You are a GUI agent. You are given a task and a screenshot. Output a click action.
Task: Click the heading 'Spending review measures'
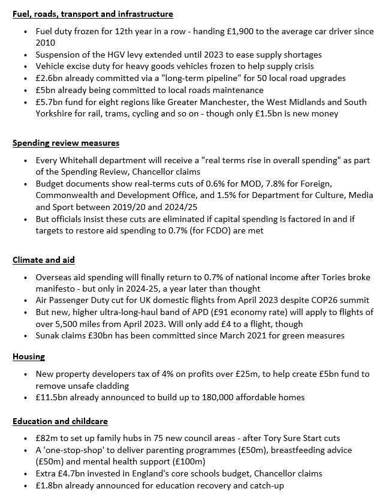(66, 143)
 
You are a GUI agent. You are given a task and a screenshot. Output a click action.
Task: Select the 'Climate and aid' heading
(44, 260)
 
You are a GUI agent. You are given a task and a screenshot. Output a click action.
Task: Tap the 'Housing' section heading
(29, 356)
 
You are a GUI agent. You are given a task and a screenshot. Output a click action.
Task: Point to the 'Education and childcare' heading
(60, 421)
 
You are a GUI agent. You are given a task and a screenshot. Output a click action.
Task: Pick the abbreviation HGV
(108, 55)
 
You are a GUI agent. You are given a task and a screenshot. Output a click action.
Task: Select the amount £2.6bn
(49, 78)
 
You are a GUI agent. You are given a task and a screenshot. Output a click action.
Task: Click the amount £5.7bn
(49, 102)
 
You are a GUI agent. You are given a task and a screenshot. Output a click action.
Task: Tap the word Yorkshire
(55, 113)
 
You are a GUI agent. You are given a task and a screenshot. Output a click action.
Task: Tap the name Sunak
(49, 335)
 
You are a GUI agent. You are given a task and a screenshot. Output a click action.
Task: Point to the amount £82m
(47, 438)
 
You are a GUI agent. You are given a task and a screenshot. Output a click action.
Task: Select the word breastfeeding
(298, 450)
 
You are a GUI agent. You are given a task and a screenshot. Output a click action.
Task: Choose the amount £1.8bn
(49, 485)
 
